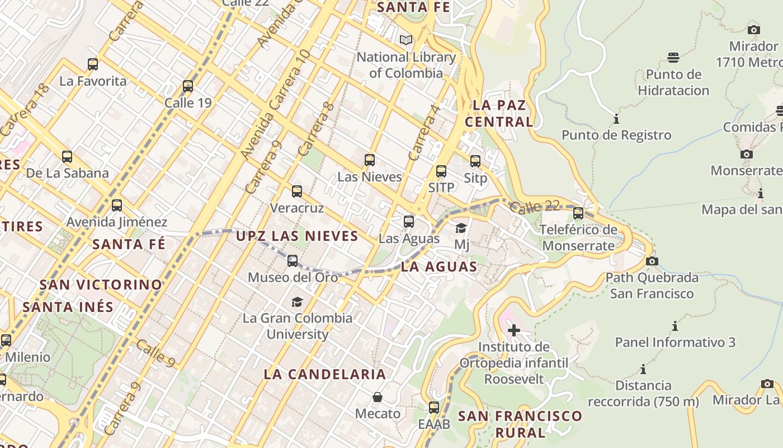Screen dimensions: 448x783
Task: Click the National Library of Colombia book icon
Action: pos(406,40)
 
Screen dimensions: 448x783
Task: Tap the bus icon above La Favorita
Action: pos(93,64)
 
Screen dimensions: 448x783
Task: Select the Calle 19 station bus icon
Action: pos(188,86)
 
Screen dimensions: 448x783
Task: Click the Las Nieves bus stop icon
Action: pos(369,160)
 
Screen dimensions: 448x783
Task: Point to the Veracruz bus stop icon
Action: pos(297,192)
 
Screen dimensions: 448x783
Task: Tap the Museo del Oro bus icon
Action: pos(293,260)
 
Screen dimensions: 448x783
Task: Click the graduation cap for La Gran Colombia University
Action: pos(297,302)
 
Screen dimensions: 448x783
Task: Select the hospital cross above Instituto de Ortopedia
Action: pos(514,330)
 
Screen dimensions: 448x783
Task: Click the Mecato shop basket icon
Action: pos(378,397)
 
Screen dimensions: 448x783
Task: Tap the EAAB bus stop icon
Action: pos(434,407)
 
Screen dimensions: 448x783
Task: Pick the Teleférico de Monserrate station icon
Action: pos(578,213)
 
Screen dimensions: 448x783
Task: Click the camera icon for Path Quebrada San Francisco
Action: pos(652,261)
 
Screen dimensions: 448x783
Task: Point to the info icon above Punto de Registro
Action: pos(616,119)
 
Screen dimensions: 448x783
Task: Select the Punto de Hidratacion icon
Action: pos(673,57)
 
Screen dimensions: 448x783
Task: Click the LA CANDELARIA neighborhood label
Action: pos(325,374)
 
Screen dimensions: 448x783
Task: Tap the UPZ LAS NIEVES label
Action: pos(297,236)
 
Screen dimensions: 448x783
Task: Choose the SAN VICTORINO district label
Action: pos(101,284)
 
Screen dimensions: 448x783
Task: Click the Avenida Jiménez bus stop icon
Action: pos(117,206)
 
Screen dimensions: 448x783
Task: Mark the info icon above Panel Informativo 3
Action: pos(675,326)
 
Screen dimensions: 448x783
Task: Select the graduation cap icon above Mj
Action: pos(461,228)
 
